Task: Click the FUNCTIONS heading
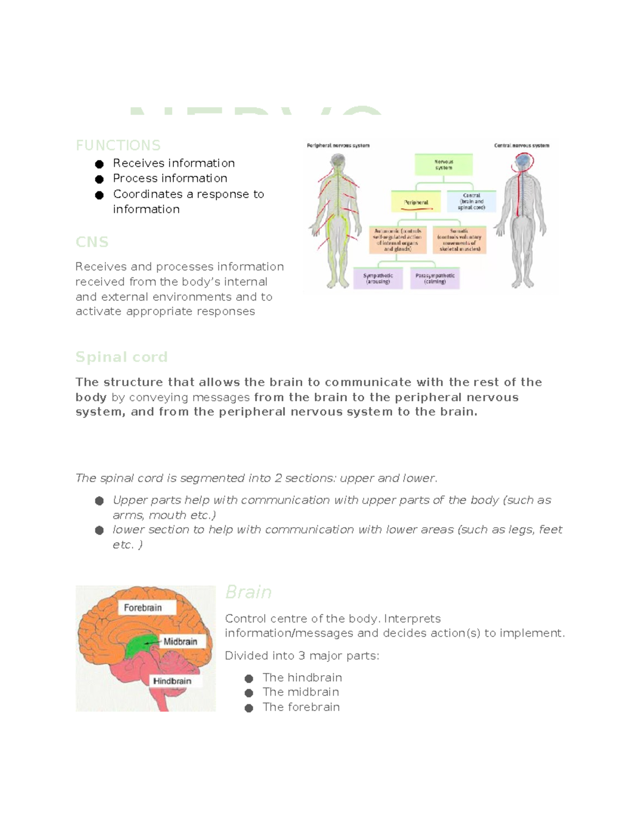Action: click(118, 146)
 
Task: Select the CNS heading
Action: click(92, 242)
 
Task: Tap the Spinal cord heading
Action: click(121, 357)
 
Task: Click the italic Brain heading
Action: click(248, 592)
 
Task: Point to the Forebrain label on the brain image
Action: click(143, 607)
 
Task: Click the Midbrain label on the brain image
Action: click(180, 641)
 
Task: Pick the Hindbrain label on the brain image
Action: click(172, 681)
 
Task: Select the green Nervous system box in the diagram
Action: click(444, 165)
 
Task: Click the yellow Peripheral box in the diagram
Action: click(416, 202)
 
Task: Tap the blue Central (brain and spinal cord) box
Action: click(471, 202)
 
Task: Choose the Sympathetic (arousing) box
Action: click(378, 279)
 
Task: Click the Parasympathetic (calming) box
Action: click(435, 279)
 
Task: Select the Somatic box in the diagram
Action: click(460, 240)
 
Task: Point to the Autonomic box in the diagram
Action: click(398, 240)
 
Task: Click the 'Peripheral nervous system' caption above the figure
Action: click(338, 146)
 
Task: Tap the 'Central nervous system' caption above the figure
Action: click(521, 146)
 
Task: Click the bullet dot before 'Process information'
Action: click(99, 179)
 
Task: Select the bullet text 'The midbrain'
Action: click(300, 692)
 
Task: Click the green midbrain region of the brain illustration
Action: click(140, 646)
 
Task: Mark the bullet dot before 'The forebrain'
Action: click(249, 708)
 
